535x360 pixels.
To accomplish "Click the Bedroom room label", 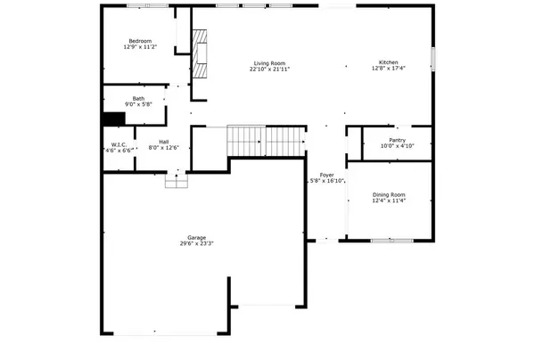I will [140, 41].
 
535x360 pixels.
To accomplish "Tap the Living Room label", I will [269, 62].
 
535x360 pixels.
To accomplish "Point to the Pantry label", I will [398, 139].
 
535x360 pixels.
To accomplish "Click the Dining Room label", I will [389, 194].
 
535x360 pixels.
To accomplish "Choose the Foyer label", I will [327, 175].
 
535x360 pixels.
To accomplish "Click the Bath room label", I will [139, 98].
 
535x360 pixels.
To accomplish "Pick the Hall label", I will [165, 141].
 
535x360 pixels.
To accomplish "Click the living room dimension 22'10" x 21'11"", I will [269, 69].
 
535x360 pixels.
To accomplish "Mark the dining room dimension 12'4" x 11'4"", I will [389, 200].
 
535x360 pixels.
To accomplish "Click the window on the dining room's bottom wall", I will [391, 241].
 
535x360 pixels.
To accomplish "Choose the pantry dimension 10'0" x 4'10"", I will [398, 145].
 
